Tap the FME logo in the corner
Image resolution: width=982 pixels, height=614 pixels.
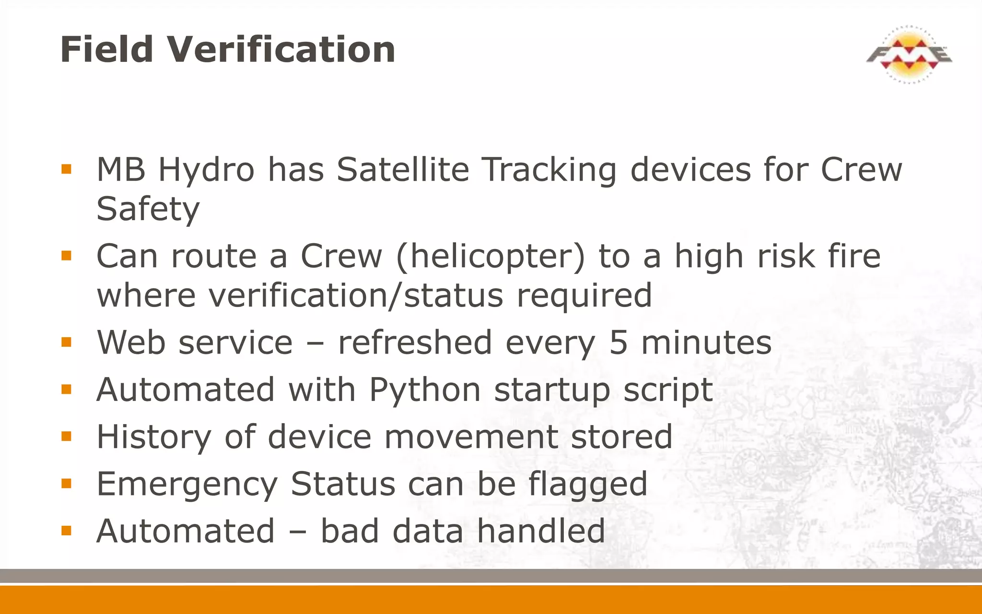pyautogui.click(x=909, y=55)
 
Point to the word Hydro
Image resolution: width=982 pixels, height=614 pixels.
pyautogui.click(x=206, y=171)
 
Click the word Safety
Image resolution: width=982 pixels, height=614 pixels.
pyautogui.click(x=148, y=210)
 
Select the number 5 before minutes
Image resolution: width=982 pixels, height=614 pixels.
pyautogui.click(x=618, y=342)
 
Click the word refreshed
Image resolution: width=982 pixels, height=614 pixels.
pyautogui.click(x=415, y=342)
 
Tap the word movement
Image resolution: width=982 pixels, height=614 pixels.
pyautogui.click(x=471, y=437)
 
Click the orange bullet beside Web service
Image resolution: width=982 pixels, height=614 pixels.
pyautogui.click(x=66, y=342)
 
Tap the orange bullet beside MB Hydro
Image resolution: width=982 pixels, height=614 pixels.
pyautogui.click(x=66, y=169)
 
